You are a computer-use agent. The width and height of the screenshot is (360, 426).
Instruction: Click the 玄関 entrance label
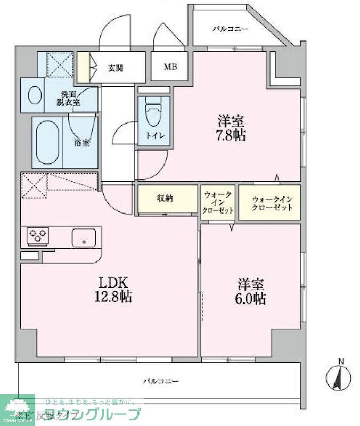[x=116, y=68]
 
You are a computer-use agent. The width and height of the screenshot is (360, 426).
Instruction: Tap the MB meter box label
[x=170, y=67]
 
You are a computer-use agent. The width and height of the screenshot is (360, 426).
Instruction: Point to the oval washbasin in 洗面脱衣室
[x=35, y=96]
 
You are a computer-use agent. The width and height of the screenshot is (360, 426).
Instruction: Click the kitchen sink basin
[x=84, y=237]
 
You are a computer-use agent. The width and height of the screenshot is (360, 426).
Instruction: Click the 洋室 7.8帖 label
[x=230, y=128]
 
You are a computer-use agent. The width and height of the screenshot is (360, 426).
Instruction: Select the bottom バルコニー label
[x=160, y=381]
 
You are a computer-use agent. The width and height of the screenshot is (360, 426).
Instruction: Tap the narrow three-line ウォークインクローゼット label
[x=218, y=203]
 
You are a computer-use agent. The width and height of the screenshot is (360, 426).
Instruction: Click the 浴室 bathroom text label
[x=81, y=143]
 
